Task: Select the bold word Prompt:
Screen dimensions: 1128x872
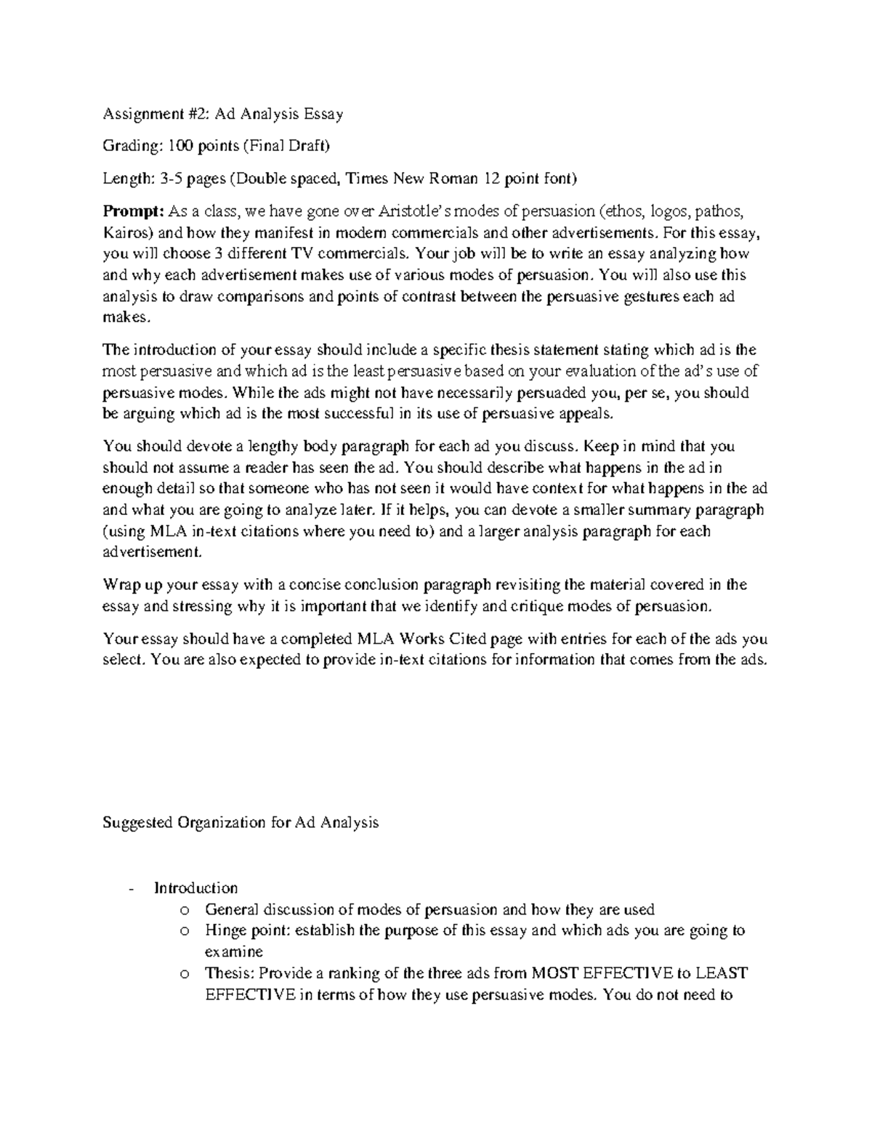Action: click(x=134, y=211)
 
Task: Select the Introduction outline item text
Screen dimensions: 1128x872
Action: click(x=195, y=888)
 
